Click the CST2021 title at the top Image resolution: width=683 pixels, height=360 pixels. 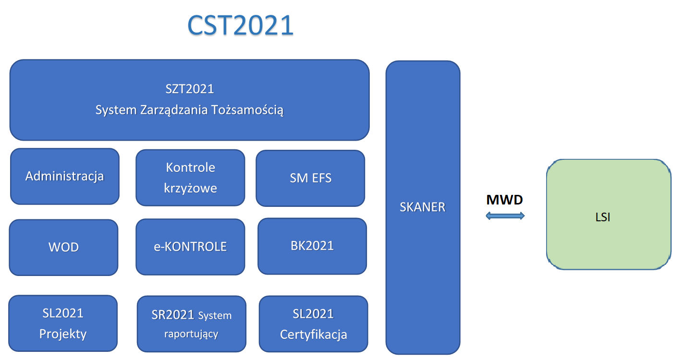point(240,25)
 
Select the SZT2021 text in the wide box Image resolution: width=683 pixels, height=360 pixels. point(189,89)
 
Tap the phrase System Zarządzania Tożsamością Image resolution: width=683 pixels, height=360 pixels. point(189,110)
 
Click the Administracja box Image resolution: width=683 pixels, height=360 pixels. point(65,176)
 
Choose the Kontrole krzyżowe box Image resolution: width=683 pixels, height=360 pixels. point(190,178)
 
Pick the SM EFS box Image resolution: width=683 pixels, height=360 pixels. point(310,178)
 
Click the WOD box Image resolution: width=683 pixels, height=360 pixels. point(63,247)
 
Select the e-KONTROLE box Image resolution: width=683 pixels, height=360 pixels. point(190,247)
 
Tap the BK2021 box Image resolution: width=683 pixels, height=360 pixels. point(312,246)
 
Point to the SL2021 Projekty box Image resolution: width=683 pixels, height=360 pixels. point(63,323)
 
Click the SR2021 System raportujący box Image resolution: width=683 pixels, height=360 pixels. point(191,324)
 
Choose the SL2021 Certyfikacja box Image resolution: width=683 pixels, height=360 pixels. point(313,324)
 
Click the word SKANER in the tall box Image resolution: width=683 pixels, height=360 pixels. point(423,207)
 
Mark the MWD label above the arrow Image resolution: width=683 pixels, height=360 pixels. point(504,200)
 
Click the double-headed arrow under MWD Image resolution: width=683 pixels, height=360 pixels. point(505,216)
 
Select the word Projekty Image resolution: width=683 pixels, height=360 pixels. point(63,334)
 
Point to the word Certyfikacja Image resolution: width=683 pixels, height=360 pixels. point(313,334)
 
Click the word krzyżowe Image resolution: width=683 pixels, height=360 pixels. point(190,188)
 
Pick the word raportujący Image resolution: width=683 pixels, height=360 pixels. point(191,334)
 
